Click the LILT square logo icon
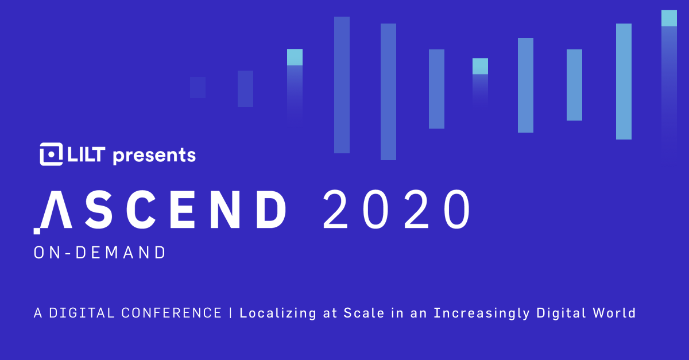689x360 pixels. point(51,154)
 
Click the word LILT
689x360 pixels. point(86,154)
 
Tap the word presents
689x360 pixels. point(154,156)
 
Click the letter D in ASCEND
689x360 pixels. point(267,210)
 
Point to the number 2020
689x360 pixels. point(396,210)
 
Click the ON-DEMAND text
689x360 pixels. point(100,253)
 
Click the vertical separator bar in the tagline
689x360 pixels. point(231,313)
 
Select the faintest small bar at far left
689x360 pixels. point(198,87)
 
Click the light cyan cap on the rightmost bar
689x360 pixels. point(669,18)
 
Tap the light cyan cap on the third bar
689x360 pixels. point(295,57)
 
